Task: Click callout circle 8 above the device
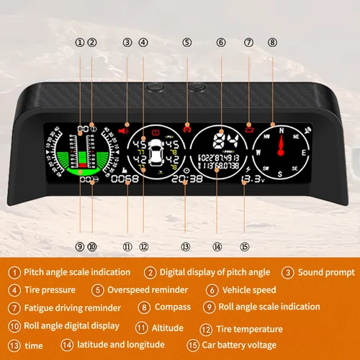tap(271, 42)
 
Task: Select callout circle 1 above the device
tap(79, 42)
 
